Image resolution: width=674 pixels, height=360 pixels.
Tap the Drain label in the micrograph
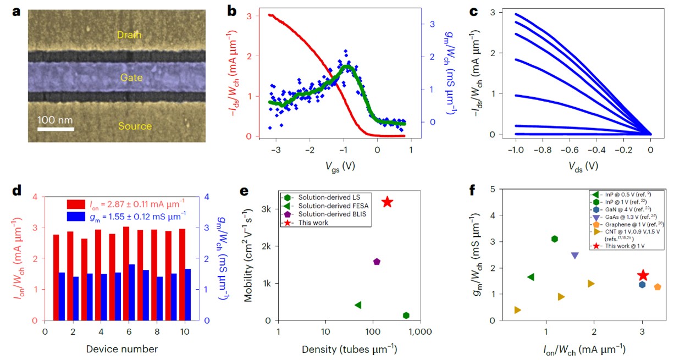tap(129, 35)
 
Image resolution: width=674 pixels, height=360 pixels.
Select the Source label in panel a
tap(134, 126)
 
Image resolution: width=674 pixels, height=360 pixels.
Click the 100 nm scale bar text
tap(56, 120)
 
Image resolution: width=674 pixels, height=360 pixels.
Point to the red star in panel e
tap(388, 202)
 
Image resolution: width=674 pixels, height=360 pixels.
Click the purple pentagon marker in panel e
tap(377, 262)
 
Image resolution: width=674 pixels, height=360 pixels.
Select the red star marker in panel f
tap(643, 275)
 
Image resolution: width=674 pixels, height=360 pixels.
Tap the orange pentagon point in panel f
tap(658, 287)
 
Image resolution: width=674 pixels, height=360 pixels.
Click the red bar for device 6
tap(126, 273)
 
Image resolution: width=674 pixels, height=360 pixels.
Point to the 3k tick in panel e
tap(263, 209)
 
